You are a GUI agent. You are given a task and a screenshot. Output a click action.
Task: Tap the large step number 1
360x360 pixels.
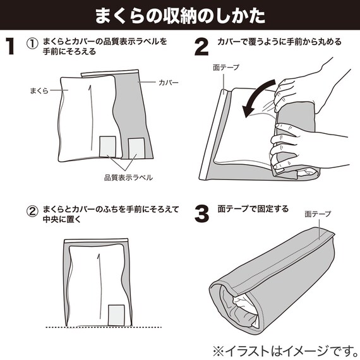(11, 47)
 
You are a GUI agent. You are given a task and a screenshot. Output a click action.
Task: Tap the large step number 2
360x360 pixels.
(201, 47)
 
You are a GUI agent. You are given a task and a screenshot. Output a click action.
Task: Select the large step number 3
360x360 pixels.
(201, 213)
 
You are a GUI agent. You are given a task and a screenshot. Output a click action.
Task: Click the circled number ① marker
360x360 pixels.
(32, 42)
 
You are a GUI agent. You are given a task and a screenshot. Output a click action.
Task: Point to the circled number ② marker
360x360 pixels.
(32, 210)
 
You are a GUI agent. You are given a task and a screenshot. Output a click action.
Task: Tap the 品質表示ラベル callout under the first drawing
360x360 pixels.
(128, 177)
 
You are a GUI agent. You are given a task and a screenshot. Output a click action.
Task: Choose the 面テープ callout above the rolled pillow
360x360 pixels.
(317, 214)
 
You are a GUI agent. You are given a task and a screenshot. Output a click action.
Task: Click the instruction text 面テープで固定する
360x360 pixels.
(253, 208)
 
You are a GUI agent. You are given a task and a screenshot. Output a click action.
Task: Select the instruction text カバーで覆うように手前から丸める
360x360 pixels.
(279, 42)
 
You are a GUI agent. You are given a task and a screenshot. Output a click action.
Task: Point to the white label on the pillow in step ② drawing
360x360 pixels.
(117, 314)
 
